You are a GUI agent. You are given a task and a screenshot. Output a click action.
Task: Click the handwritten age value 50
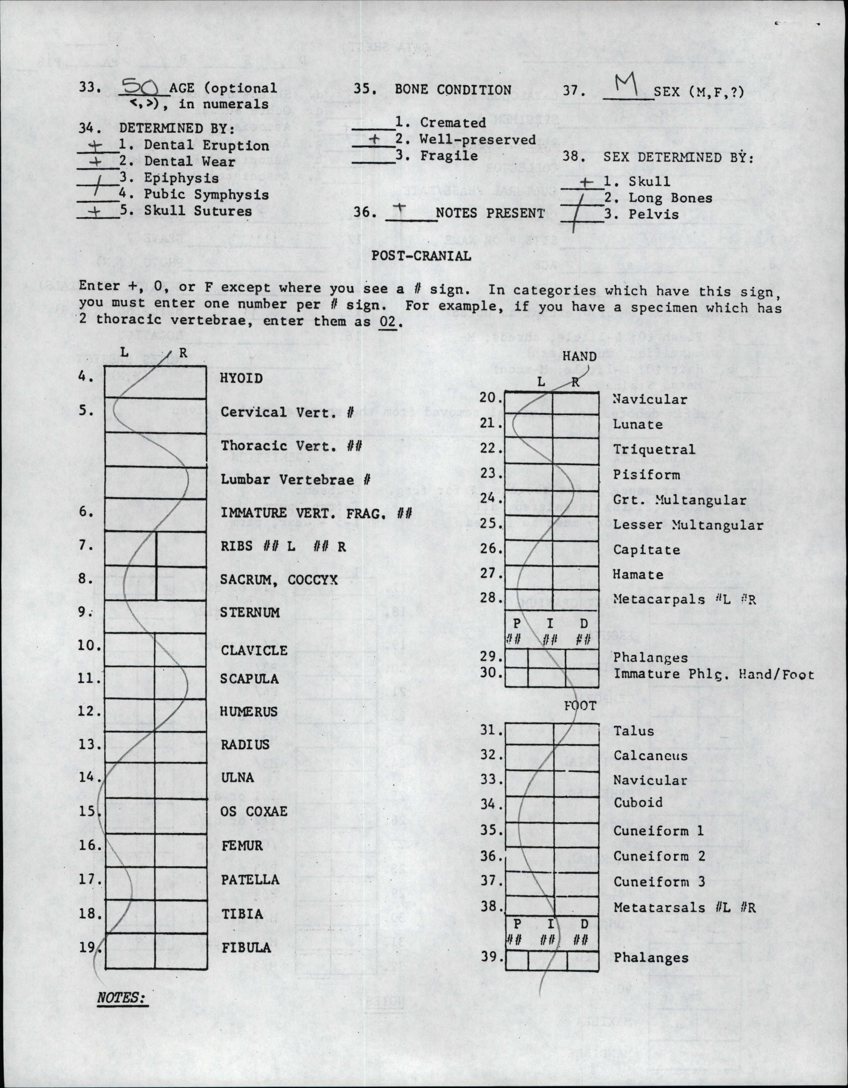pos(140,88)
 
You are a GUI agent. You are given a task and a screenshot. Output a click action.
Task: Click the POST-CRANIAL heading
pos(421,256)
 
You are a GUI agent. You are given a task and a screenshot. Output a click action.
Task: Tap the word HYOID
pos(241,378)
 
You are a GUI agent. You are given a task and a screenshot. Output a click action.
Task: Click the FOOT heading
pos(580,705)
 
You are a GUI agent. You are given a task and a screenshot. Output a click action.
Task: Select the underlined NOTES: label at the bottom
pos(121,998)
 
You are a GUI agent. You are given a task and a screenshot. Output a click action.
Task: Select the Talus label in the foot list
pos(633,731)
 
